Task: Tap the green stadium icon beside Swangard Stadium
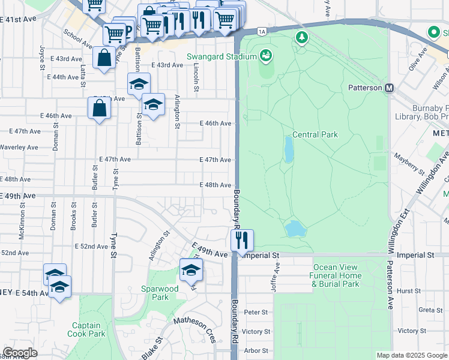point(265,56)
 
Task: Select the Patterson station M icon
point(390,88)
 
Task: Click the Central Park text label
point(315,135)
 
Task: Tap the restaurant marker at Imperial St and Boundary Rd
point(242,239)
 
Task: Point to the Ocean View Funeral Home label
point(336,275)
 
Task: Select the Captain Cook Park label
point(87,329)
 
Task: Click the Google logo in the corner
point(19,353)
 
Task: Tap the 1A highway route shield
point(261,31)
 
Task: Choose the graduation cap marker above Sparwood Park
point(191,269)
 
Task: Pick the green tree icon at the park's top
point(301,38)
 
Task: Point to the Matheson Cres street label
point(195,329)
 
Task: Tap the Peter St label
point(256,312)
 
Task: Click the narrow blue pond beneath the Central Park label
point(289,150)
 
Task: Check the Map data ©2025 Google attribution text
point(412,355)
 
